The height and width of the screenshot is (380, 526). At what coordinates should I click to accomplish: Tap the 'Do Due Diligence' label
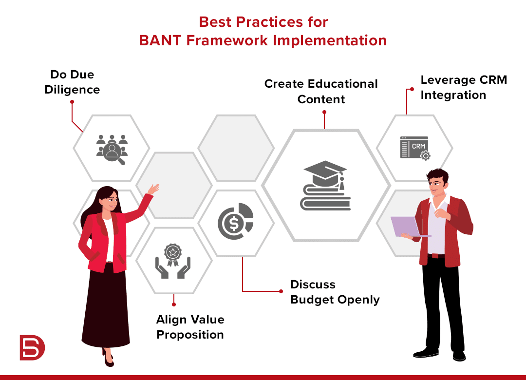[x=72, y=82]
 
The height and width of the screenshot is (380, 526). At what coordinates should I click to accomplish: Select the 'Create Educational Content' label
[x=321, y=91]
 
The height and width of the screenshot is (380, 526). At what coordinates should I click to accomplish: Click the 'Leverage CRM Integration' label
[x=464, y=87]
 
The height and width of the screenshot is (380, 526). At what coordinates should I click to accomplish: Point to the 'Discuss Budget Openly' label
[x=335, y=292]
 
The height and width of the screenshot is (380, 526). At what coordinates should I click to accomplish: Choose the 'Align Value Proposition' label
[x=190, y=327]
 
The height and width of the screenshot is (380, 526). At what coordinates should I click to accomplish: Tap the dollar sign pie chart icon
[x=236, y=221]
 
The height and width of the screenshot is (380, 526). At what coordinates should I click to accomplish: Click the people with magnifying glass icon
[x=112, y=150]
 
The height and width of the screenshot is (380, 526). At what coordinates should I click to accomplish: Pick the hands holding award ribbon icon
[x=173, y=261]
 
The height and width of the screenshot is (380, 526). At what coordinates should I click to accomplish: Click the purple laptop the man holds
[x=408, y=227]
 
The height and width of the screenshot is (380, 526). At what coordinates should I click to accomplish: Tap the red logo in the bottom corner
[x=32, y=347]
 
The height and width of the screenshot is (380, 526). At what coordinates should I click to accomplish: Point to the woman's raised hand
[x=153, y=189]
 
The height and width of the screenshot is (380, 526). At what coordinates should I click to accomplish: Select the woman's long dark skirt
[x=106, y=305]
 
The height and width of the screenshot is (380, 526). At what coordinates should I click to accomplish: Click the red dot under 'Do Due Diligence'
[x=72, y=102]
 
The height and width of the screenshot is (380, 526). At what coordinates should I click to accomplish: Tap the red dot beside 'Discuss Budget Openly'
[x=281, y=291]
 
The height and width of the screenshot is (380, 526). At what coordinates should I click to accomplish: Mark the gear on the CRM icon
[x=425, y=156]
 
